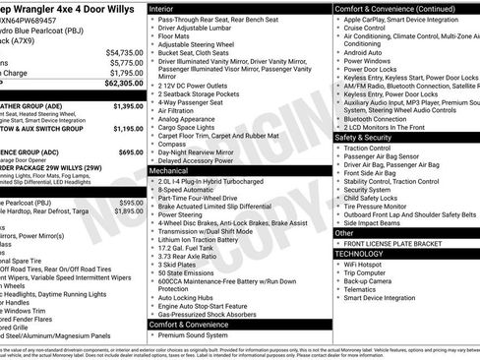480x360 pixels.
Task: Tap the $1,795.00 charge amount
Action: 126,73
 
